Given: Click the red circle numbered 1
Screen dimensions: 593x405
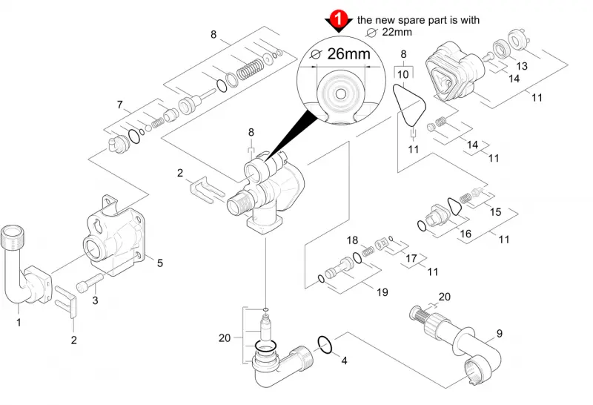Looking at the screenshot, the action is (339, 19).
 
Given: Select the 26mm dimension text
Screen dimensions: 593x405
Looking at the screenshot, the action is (348, 54).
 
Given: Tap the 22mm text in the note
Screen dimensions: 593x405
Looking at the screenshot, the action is (397, 32).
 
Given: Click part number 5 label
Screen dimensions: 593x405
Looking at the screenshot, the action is (160, 263).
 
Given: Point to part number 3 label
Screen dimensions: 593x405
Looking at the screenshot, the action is (95, 300).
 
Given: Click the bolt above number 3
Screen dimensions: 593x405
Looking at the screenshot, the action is (90, 283).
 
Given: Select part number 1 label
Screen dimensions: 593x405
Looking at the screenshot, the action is (19, 323).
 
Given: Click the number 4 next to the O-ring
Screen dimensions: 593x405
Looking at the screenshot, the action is (344, 360).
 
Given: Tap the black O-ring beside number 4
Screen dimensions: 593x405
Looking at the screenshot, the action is (325, 344).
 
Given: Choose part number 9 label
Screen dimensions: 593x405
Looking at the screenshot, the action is (500, 334).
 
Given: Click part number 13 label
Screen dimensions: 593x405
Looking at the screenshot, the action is (522, 66).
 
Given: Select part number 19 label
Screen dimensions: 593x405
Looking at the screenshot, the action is (382, 292).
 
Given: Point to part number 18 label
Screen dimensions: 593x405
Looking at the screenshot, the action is (353, 240).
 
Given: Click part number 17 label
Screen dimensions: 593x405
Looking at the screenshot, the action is (411, 258).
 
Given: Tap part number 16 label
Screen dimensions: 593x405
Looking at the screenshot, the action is (466, 234).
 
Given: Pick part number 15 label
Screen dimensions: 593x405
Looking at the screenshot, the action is (495, 211).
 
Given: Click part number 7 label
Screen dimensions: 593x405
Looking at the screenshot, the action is (120, 105).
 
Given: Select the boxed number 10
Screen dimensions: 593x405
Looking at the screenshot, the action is (403, 74).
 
